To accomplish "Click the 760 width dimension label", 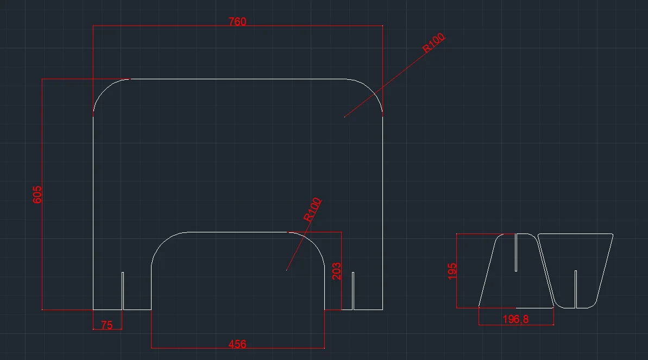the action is [x=237, y=22].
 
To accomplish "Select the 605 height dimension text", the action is [x=37, y=194].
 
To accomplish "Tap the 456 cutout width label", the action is [x=237, y=344].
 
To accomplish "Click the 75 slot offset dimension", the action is [x=107, y=325].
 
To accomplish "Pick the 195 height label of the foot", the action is [x=453, y=270].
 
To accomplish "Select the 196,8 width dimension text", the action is [x=515, y=319].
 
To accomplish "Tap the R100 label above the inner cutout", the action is [x=312, y=210].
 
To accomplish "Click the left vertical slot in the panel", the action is [x=123, y=290].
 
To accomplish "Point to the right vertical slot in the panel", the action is [x=353, y=290].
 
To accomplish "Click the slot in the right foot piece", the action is [x=575, y=288].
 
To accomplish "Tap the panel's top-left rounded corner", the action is [x=105, y=90].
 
